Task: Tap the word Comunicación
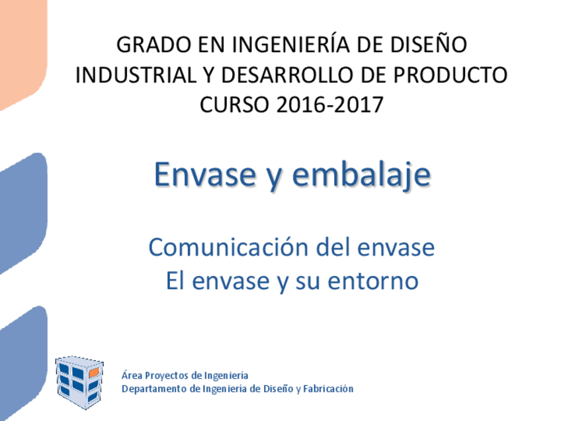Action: [x=229, y=248]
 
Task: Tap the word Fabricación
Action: [x=329, y=389]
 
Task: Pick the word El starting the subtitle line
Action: [x=174, y=281]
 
